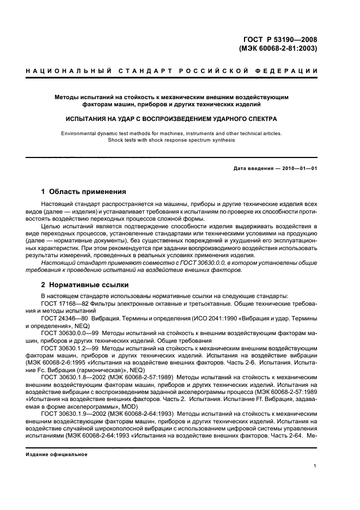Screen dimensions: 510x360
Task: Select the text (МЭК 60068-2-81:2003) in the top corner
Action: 278,48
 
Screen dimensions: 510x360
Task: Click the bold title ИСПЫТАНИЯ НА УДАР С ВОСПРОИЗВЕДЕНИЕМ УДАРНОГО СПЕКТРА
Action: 172,118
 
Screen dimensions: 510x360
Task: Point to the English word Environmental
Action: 81,133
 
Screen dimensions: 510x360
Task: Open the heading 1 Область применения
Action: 84,192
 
